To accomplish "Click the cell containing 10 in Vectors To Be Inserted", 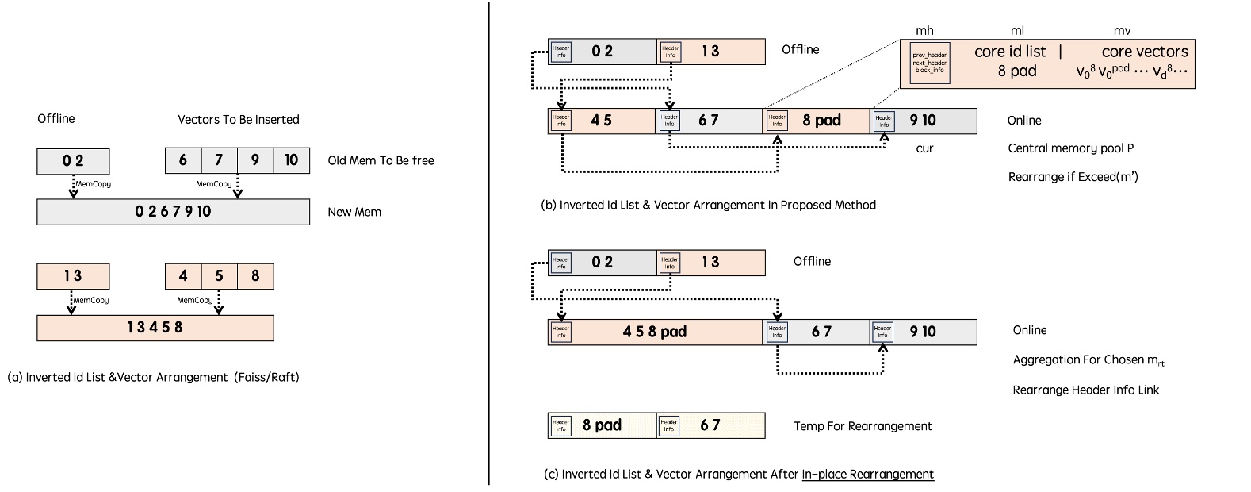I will click(291, 160).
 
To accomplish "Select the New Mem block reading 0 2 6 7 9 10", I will click(173, 212).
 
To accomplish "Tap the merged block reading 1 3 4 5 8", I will click(155, 328).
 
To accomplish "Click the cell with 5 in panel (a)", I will click(219, 276).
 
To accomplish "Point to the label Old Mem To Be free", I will click(381, 160).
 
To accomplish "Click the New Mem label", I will click(354, 212).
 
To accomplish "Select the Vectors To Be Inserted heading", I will click(238, 120).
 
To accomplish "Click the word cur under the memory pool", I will click(924, 148).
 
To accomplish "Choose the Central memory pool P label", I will click(1070, 148).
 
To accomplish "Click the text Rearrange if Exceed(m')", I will click(1073, 177).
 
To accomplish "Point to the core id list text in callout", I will click(1010, 52).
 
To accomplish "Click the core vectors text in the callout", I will click(1144, 52).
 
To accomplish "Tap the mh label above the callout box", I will click(924, 31).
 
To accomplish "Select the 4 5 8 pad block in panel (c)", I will click(655, 332).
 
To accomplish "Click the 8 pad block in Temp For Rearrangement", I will click(602, 425).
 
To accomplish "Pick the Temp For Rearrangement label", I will click(863, 426).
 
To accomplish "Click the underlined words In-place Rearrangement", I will click(867, 475).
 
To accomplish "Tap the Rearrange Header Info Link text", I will click(1085, 390).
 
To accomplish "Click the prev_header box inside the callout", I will click(929, 63).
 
